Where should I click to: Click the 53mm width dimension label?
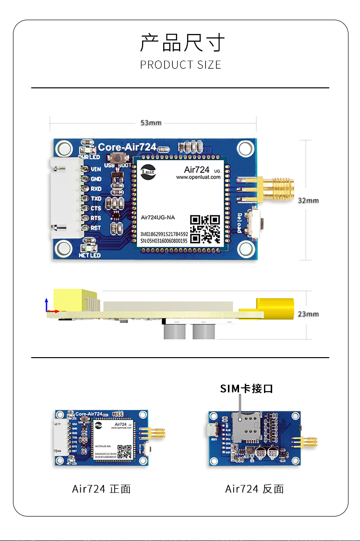coord(151,123)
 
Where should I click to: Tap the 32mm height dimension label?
coord(308,200)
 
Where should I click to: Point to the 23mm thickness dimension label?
coord(308,314)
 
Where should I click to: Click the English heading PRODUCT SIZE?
coord(180,65)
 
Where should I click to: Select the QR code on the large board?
coord(205,228)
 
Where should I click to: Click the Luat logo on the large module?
coord(148,172)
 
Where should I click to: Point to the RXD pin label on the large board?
coord(96,189)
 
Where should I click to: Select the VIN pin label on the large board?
coord(96,169)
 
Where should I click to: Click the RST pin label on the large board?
coord(96,228)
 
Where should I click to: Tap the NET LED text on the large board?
coord(89,255)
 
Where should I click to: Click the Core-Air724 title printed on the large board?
coord(127,147)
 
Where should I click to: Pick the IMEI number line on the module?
coord(164,234)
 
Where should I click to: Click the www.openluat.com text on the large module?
coord(198,177)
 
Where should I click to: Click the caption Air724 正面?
coord(101,489)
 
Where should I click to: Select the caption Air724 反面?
coord(254,489)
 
